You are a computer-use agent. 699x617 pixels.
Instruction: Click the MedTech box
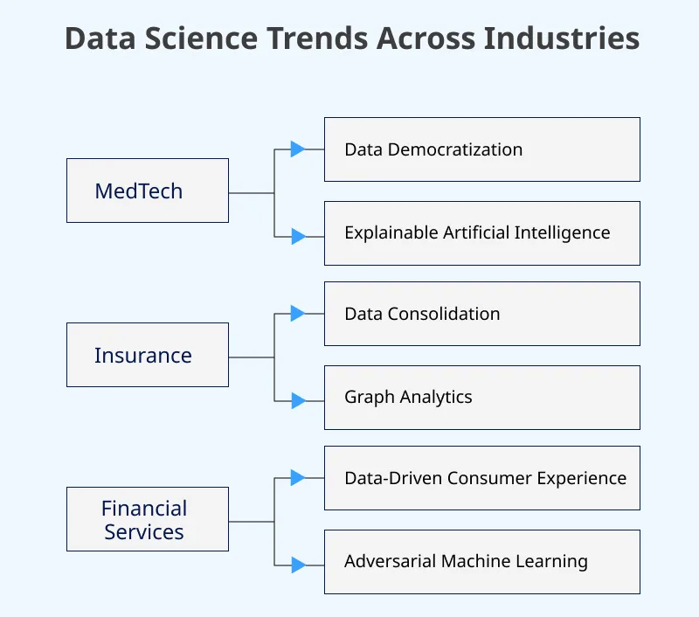[x=148, y=191]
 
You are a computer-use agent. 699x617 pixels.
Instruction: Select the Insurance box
[x=148, y=355]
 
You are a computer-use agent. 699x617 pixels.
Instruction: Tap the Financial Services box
[x=148, y=519]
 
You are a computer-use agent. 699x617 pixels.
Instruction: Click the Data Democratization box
[x=481, y=149]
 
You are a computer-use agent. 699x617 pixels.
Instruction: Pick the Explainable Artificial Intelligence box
[x=481, y=233]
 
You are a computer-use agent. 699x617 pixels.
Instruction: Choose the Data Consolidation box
[x=481, y=314]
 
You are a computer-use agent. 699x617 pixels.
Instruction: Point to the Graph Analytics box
[x=481, y=398]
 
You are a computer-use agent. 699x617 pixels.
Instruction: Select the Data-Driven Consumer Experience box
[x=481, y=478]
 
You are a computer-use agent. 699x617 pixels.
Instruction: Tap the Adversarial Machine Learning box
[x=481, y=562]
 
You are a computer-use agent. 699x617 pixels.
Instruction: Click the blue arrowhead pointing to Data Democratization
[x=298, y=149]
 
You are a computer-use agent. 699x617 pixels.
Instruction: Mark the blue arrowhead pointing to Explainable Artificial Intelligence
[x=298, y=236]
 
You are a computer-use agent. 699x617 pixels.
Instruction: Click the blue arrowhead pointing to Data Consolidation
[x=298, y=314]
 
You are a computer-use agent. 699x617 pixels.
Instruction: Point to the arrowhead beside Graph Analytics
[x=298, y=400]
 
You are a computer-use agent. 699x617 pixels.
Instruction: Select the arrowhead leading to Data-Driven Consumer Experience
[x=298, y=478]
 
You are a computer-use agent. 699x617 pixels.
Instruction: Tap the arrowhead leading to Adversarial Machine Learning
[x=298, y=565]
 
